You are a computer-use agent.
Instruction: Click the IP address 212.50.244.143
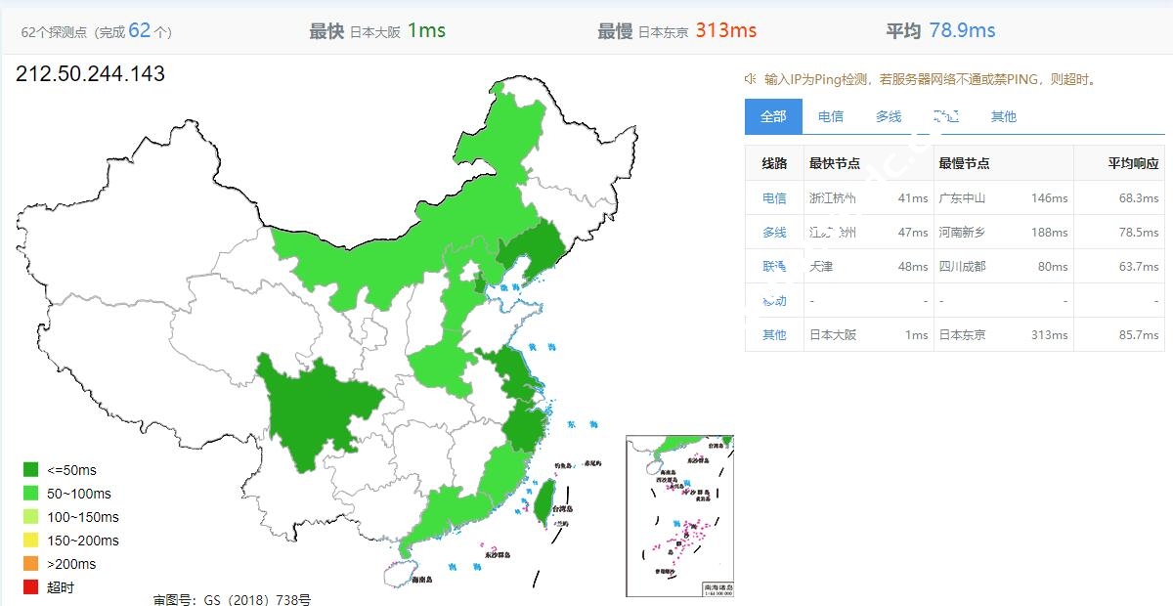[x=90, y=73]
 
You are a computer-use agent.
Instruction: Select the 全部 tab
[x=773, y=116]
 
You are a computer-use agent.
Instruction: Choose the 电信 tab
[x=831, y=116]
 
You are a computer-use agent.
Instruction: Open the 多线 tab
[x=889, y=116]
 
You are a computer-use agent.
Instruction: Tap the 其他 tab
[x=1004, y=116]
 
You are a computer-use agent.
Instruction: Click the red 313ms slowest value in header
[x=725, y=30]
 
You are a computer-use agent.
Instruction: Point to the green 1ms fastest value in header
[x=426, y=30]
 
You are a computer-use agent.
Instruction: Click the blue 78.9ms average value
[x=962, y=30]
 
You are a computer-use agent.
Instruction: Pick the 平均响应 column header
[x=1133, y=163]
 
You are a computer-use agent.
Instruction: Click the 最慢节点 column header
[x=964, y=163]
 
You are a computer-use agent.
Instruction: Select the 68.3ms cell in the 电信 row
[x=1139, y=198]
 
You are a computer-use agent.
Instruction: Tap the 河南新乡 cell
[x=962, y=233]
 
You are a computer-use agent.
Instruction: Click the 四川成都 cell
[x=962, y=266]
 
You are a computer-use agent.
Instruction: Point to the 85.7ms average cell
[x=1139, y=334]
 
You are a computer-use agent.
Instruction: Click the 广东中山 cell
[x=962, y=198]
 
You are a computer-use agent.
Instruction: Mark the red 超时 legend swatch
[x=30, y=587]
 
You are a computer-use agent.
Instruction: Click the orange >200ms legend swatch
[x=30, y=564]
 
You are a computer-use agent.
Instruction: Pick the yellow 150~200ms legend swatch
[x=30, y=541]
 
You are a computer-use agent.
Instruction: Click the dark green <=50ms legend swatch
[x=30, y=470]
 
